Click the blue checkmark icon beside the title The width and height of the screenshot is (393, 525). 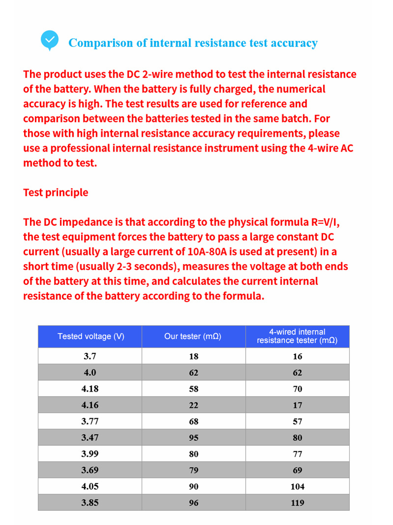(x=49, y=40)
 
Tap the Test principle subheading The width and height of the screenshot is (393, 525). (x=56, y=192)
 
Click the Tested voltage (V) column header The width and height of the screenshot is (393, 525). (x=90, y=337)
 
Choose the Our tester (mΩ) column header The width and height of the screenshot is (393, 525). (x=193, y=337)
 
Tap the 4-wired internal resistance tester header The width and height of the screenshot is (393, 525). (x=297, y=337)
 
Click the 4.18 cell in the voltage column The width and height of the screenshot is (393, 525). (x=90, y=389)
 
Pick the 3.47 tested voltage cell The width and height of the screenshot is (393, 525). (x=90, y=437)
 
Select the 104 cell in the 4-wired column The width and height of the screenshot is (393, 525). (x=297, y=487)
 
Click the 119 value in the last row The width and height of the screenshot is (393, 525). (x=297, y=503)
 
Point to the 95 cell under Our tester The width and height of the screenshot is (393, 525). (x=194, y=437)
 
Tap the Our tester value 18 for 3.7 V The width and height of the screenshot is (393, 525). (x=194, y=356)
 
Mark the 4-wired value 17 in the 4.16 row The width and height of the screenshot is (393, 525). (x=297, y=405)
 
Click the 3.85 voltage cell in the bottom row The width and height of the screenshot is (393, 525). (x=90, y=503)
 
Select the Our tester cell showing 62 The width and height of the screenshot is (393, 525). (x=194, y=372)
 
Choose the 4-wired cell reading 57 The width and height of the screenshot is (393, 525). (x=297, y=421)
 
